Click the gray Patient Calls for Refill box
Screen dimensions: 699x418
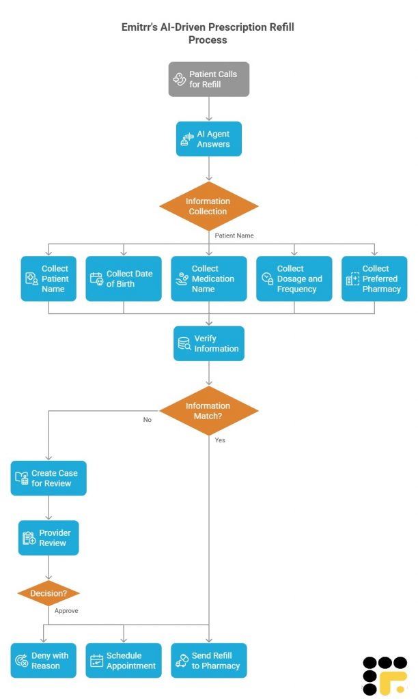click(209, 79)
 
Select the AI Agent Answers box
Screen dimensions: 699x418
click(209, 139)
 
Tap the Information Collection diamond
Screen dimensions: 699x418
click(209, 206)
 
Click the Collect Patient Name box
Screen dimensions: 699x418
click(48, 279)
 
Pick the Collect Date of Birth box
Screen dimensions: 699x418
click(124, 279)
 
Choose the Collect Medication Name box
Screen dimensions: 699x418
click(209, 279)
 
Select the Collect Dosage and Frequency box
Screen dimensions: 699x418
click(294, 279)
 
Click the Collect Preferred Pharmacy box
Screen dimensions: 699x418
click(374, 279)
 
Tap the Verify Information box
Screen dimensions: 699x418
click(209, 343)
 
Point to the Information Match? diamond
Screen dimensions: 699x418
click(209, 411)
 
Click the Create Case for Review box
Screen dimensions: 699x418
click(48, 478)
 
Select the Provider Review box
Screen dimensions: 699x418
click(48, 538)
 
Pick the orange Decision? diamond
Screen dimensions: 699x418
click(48, 593)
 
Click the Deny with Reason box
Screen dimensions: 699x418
click(44, 660)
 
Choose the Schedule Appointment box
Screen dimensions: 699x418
click(124, 660)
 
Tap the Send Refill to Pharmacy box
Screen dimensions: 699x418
click(209, 660)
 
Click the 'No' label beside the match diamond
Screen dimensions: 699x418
click(147, 420)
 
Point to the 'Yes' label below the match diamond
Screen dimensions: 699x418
click(220, 440)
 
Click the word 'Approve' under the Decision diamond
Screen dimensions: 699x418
click(66, 611)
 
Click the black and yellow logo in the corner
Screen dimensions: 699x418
click(385, 675)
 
